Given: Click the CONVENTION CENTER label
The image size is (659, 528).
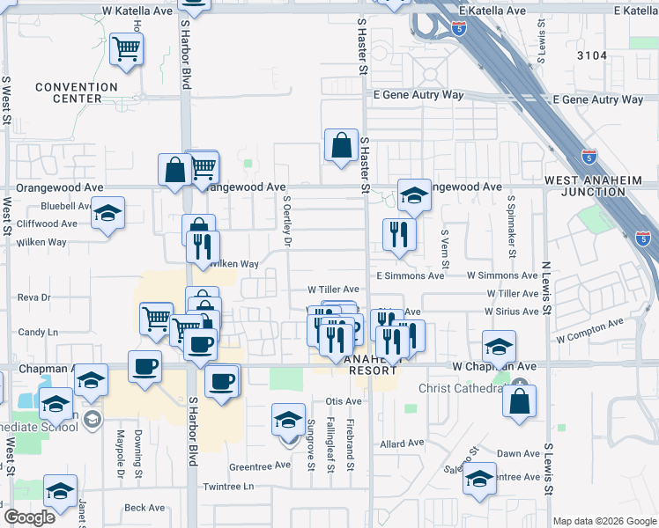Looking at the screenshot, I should pos(77,92).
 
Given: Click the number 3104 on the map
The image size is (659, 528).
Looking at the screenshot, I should pos(592,55).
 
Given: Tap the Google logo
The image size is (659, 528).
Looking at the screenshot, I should pos(29,517).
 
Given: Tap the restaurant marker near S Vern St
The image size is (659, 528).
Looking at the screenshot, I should pos(399,234).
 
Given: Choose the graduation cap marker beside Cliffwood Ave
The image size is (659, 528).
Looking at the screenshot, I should pos(108,214).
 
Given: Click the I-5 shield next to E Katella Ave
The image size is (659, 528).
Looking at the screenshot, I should pos(458,28).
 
